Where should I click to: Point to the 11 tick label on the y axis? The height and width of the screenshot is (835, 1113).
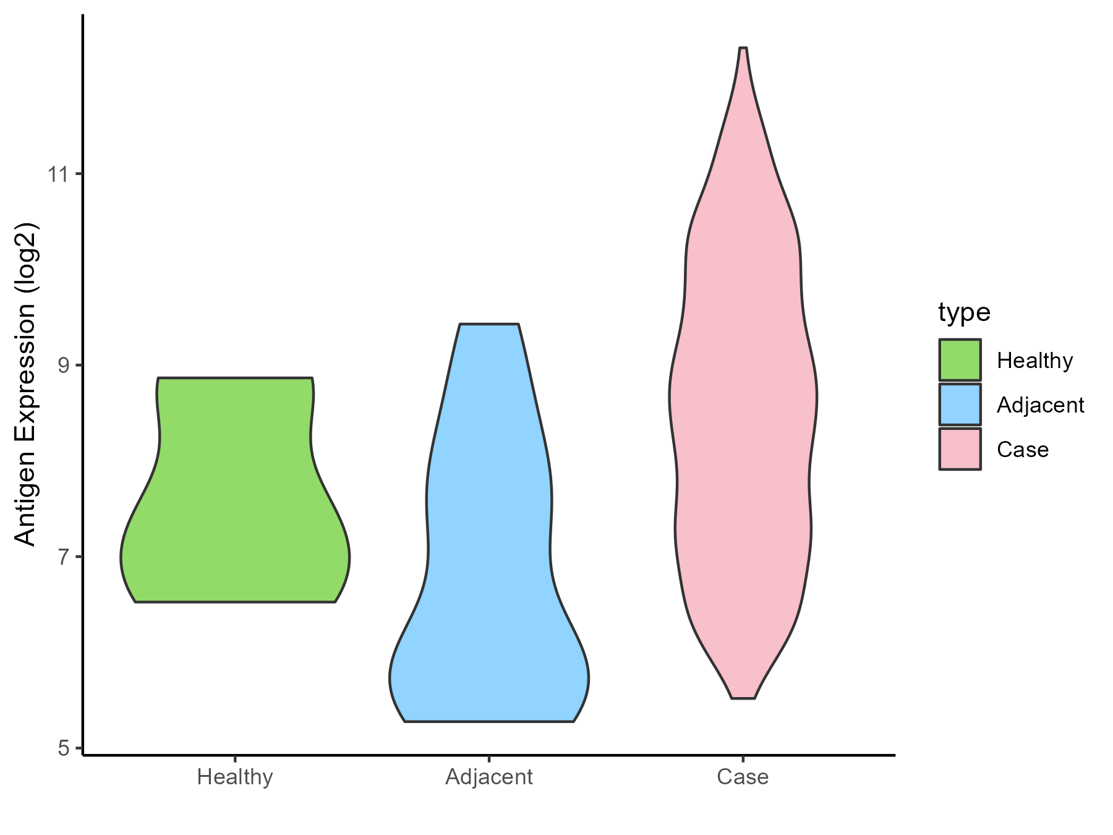coord(59,174)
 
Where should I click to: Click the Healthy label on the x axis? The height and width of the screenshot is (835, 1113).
coord(235,777)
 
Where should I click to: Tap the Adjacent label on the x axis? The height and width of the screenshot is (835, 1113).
coord(488,777)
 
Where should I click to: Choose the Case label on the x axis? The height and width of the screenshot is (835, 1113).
coord(743,777)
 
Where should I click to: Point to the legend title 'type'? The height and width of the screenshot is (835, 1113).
coord(964,312)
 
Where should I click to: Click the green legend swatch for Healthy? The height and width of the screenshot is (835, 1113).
coord(960,360)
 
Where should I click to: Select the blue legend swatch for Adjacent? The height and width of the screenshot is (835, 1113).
coord(960,405)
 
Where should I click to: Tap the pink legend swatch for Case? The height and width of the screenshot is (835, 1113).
coord(960,449)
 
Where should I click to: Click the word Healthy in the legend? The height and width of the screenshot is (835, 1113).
coord(1034,361)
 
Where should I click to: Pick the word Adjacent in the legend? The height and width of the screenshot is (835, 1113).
coord(1040,405)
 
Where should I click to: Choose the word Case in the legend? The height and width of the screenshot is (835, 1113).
coord(1023,450)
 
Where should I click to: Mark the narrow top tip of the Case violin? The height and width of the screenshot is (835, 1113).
coord(743,49)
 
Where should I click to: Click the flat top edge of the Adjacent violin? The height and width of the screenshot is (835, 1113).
coord(488,324)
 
